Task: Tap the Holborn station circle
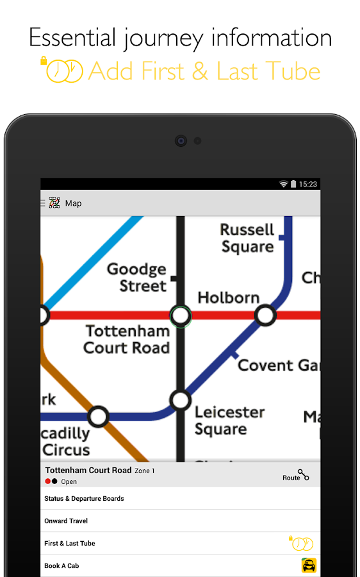(265, 315)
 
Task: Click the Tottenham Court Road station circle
(181, 315)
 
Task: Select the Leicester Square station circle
(181, 401)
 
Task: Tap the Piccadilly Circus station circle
(98, 417)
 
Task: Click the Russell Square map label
(247, 238)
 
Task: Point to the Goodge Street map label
(136, 278)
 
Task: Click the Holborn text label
(229, 297)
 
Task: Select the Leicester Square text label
(220, 421)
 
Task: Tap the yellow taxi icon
(309, 565)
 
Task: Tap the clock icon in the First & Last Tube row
(302, 544)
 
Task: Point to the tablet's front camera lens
(181, 140)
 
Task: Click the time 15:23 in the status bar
(309, 184)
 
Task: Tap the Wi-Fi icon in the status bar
(283, 184)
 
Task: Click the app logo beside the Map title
(54, 203)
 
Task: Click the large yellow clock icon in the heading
(65, 70)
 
